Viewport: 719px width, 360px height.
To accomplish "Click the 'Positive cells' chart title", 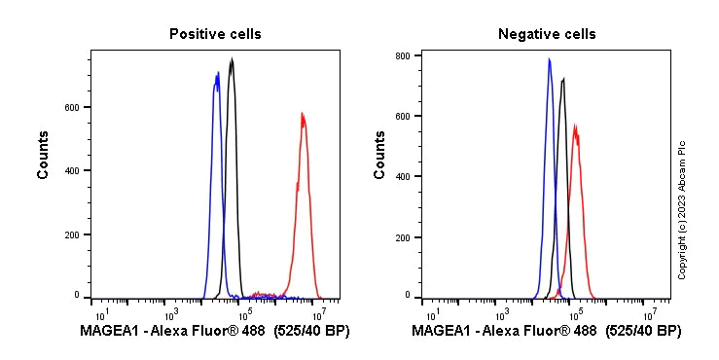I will [215, 34].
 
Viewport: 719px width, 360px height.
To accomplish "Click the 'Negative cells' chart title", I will [547, 34].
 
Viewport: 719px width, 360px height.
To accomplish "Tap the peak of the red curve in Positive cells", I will [303, 114].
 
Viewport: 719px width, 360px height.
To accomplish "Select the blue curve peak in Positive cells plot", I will [217, 74].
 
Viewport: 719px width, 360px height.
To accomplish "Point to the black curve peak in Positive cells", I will [232, 59].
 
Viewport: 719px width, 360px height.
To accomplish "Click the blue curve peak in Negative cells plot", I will [549, 59].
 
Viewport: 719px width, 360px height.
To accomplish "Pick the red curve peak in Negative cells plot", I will [576, 126].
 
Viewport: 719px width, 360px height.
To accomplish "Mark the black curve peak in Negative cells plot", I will [562, 79].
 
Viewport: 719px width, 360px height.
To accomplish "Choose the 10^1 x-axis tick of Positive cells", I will [100, 313].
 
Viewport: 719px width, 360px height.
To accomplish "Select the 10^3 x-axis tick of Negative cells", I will [502, 313].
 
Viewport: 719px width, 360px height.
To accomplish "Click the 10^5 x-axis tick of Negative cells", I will [575, 313].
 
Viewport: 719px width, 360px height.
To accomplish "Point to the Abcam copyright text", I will [683, 209].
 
